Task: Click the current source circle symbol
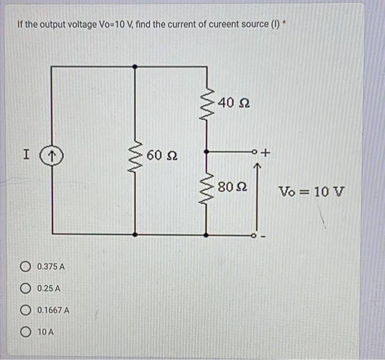click(53, 156)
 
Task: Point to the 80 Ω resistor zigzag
click(206, 190)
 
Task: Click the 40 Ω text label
click(234, 102)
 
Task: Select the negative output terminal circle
click(255, 235)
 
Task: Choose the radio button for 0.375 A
click(25, 267)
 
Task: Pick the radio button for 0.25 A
click(25, 289)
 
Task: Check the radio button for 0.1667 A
click(25, 310)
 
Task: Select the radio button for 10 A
click(25, 331)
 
